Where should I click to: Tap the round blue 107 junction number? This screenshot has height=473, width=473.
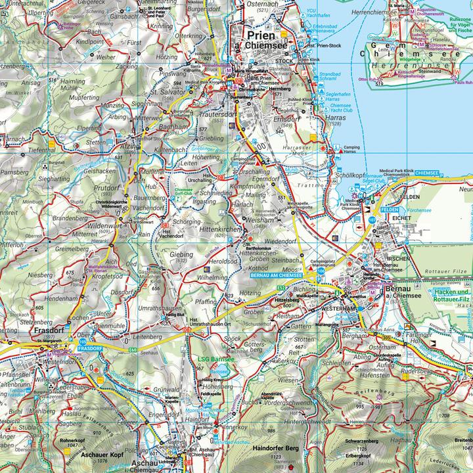point(372,219)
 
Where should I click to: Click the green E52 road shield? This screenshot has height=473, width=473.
point(281,288)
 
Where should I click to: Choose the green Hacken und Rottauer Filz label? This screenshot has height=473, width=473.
point(453,296)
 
